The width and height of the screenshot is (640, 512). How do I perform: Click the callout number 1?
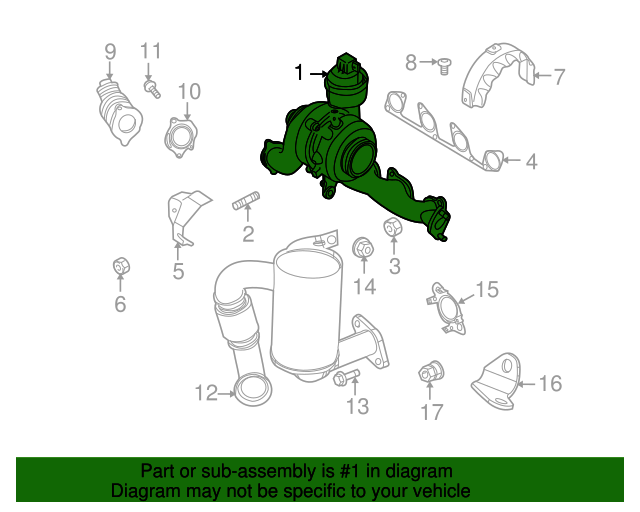299,73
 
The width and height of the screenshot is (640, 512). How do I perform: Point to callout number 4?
531,161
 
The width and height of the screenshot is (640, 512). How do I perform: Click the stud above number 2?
245,200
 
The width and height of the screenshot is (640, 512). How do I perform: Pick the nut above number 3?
393,227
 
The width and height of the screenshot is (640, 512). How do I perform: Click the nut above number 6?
121,267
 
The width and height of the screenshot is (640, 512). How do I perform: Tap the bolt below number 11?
152,89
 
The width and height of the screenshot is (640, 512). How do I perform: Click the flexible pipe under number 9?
119,112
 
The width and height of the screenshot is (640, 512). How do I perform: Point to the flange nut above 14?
363,247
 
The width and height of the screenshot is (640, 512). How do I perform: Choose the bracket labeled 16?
497,381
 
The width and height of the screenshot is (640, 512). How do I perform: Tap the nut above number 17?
431,372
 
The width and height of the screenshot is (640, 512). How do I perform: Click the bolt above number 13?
346,377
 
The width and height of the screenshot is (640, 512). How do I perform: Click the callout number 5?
178,271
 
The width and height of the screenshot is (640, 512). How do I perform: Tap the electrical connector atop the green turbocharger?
347,64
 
